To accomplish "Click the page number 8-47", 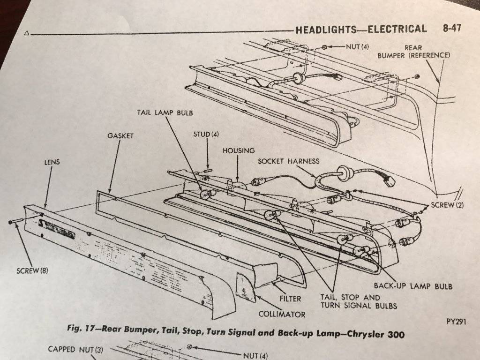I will [x=451, y=28].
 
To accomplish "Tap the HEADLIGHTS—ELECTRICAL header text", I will [x=361, y=29].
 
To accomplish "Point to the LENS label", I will [x=52, y=162].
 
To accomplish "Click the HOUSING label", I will [x=239, y=150].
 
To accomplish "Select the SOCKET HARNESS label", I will [x=288, y=161].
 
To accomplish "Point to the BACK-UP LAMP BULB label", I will [x=412, y=285].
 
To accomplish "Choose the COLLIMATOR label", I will [x=282, y=314].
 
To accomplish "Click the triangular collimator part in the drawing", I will [x=246, y=287].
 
